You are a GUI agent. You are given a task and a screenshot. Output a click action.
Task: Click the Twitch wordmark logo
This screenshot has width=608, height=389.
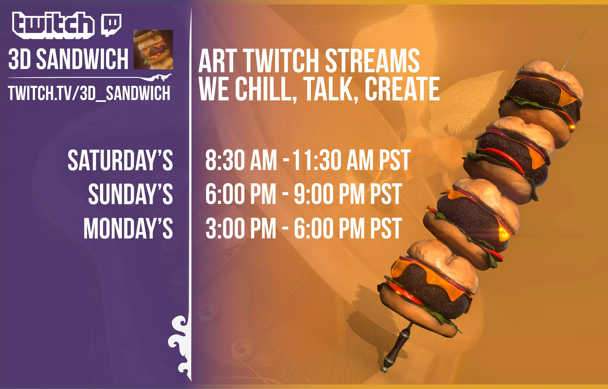coord(53,25)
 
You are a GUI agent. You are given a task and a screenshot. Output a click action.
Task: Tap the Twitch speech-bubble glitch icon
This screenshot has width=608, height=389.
coord(111,24)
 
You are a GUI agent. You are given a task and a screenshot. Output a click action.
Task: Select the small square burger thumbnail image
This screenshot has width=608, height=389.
coord(153,49)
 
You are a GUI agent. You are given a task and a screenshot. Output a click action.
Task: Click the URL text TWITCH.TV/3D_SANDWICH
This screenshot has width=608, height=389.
coord(89,93)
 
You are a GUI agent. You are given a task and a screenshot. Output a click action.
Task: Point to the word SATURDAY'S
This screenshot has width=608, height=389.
coord(120,160)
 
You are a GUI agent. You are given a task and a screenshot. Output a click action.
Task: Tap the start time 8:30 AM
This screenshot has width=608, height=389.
coord(241,160)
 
